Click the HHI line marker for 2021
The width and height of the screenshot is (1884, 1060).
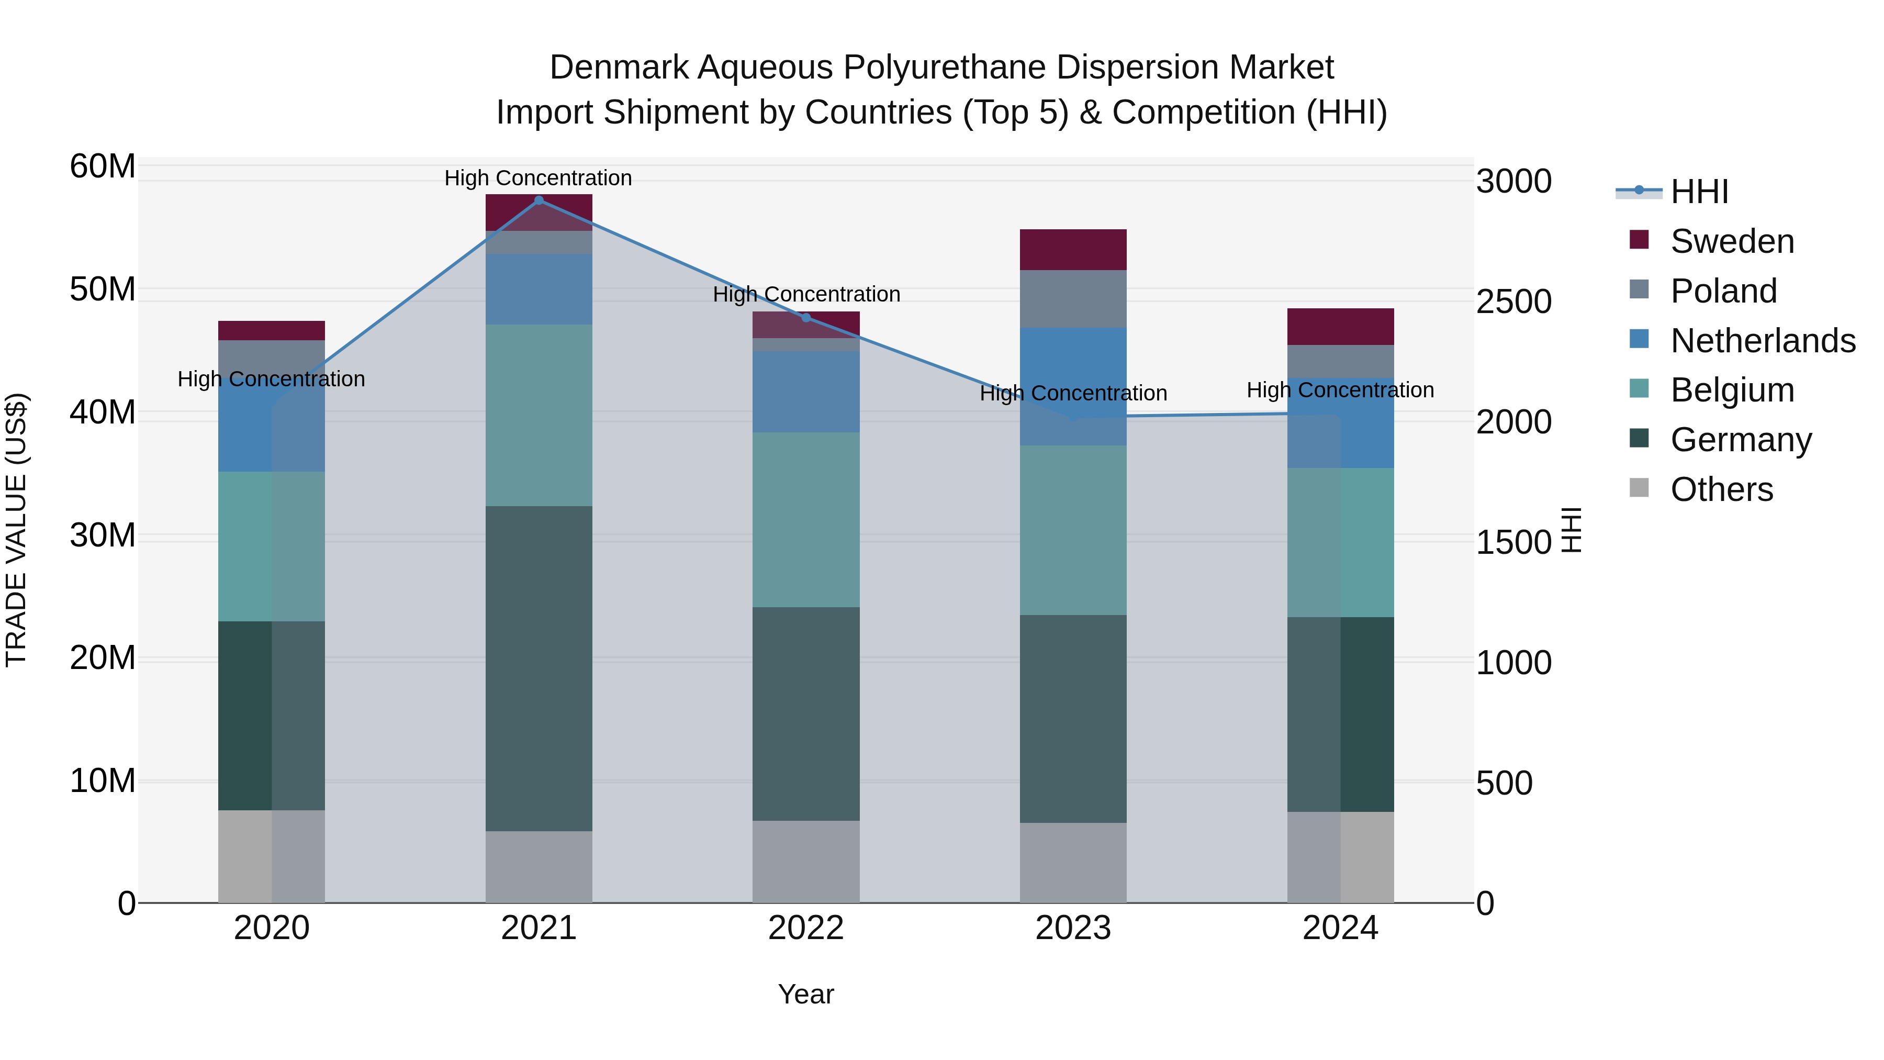(x=539, y=200)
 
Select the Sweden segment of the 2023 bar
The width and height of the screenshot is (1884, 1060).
(x=1073, y=250)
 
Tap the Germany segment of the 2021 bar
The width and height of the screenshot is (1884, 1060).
(x=539, y=668)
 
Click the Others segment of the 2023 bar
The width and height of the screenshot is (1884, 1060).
(x=1073, y=863)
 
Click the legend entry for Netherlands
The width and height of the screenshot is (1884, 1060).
(x=1763, y=341)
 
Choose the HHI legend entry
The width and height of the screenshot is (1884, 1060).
(x=1698, y=192)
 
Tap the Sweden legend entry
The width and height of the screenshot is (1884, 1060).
(x=1732, y=241)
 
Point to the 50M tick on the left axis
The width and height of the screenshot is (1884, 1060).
(x=103, y=289)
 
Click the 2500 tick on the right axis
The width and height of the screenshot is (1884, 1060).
(x=1513, y=302)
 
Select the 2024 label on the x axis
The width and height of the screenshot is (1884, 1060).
(x=1340, y=928)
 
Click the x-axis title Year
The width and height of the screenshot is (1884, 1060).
(x=806, y=994)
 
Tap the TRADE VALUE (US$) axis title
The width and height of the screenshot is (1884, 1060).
(x=17, y=530)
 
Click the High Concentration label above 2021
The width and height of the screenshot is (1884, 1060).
(x=539, y=178)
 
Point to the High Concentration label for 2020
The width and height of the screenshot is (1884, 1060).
(x=271, y=379)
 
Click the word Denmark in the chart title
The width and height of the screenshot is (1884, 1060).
(x=618, y=68)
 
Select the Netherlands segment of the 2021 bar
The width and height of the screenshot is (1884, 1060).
(x=539, y=289)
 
